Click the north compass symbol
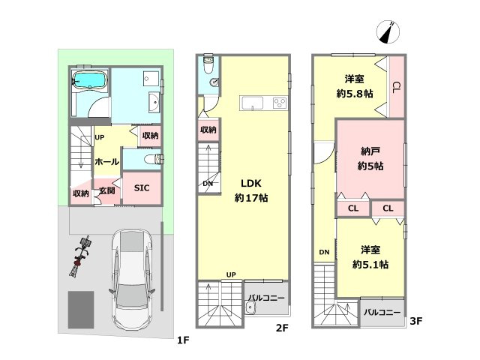coord(388,32)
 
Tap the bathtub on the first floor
coord(90,81)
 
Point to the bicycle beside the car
coord(81,256)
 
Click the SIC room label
coord(142,188)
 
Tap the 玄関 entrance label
coord(107,190)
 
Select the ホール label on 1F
coord(106,162)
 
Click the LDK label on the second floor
coord(251,183)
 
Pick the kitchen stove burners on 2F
coord(280,103)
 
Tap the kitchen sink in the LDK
coord(253,103)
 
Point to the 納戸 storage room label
coord(370,151)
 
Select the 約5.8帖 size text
coord(355,94)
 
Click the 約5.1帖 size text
coord(370,264)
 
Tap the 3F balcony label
coord(382,313)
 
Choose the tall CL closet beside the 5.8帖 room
coord(397,87)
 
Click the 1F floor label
coord(183,340)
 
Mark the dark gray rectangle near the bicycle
coord(81,310)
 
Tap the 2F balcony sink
coord(250,307)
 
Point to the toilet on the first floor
coord(154,159)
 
